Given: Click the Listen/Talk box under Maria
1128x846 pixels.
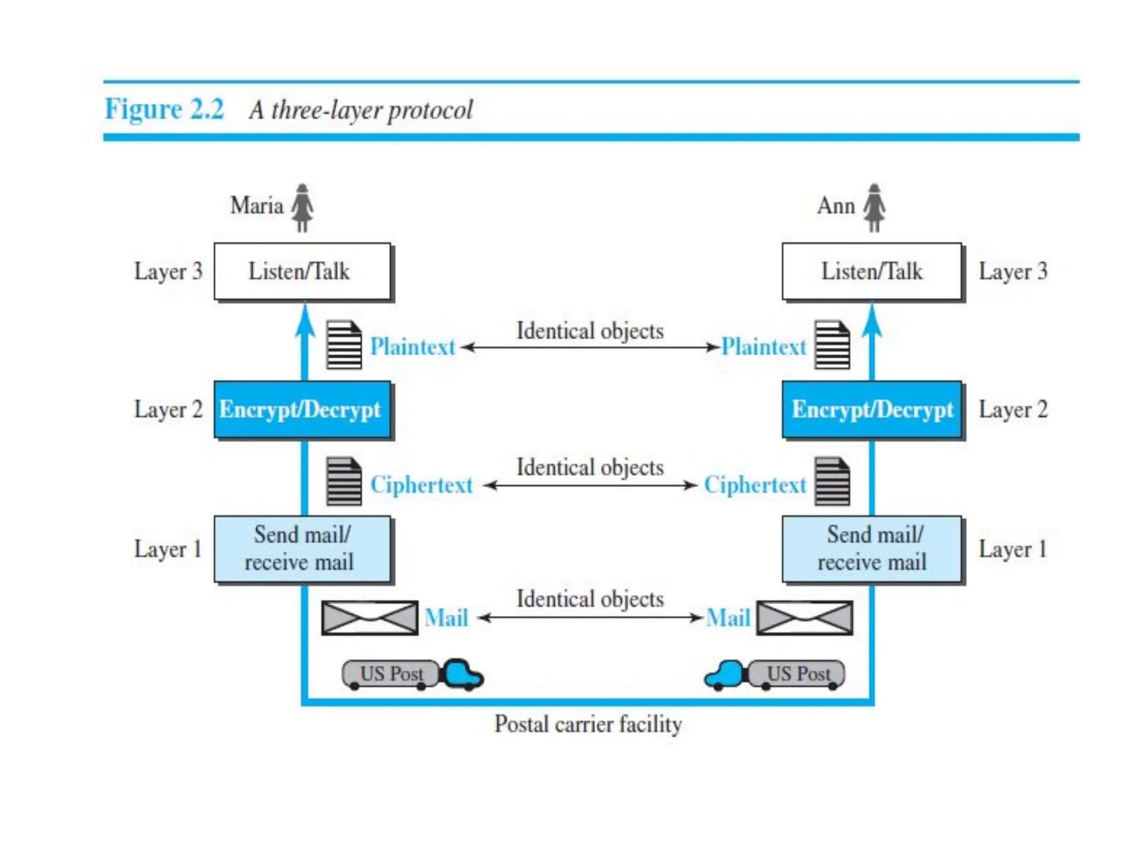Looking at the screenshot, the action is pos(303,272).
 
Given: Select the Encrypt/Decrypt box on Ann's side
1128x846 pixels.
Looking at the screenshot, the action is pos(872,410).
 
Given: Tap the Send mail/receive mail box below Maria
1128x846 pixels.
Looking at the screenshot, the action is pos(303,550).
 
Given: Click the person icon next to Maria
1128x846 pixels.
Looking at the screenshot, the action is pos(302,208).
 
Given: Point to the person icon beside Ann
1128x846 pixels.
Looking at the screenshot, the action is pos(874,208).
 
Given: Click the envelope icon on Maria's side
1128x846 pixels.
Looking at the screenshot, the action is pos(370,617).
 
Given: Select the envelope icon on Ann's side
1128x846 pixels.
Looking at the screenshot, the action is pos(805,617).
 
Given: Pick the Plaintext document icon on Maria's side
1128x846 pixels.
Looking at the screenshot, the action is pos(344,345).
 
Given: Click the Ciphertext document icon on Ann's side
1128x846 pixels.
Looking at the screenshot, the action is pos(832,481).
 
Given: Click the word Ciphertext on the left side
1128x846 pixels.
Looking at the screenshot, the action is pos(421,485).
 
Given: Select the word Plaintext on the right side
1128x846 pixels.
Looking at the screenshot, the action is pos(763,347).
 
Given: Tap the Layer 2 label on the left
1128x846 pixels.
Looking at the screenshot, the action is pos(169,410).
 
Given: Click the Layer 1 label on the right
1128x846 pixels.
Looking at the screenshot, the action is pos(1012,549).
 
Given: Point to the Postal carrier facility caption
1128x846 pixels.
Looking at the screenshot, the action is pos(588,724).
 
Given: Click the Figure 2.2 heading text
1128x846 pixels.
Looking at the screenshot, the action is pos(165,109).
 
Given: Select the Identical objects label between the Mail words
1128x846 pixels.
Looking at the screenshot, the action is pos(590,599).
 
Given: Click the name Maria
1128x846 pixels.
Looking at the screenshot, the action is pos(257,205).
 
